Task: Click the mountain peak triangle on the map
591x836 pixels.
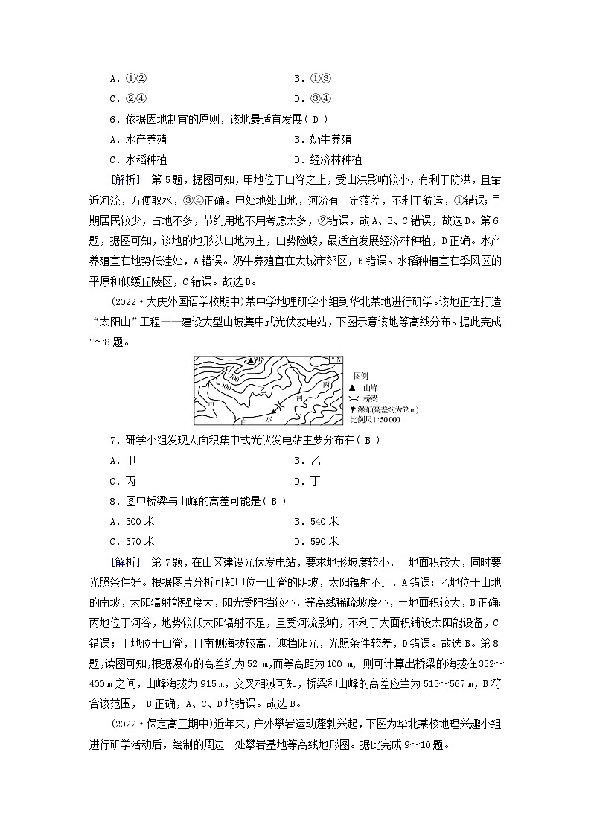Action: pos(250,360)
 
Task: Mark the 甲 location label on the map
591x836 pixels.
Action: pos(211,404)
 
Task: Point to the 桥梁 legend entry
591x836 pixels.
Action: pos(365,398)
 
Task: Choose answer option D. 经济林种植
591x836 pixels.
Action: pos(328,159)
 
